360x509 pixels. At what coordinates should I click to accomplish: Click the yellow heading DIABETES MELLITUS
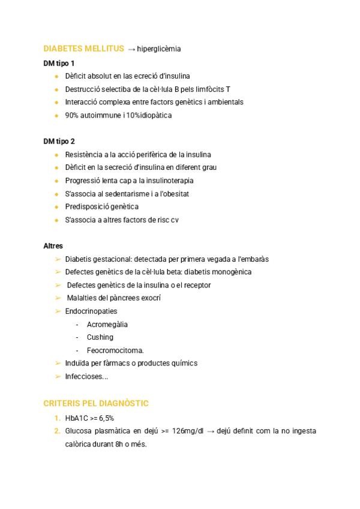pyautogui.click(x=84, y=49)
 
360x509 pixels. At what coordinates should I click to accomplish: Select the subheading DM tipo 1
pyautogui.click(x=59, y=63)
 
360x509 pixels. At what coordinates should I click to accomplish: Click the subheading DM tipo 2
pyautogui.click(x=59, y=142)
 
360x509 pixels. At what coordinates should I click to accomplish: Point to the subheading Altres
pyautogui.click(x=53, y=246)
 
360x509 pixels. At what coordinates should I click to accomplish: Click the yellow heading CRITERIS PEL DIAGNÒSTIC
pyautogui.click(x=96, y=403)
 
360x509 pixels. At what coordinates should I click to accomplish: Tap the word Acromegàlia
pyautogui.click(x=107, y=325)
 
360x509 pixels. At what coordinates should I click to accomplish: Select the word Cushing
pyautogui.click(x=100, y=337)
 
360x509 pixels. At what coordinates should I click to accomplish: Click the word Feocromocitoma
pyautogui.click(x=115, y=351)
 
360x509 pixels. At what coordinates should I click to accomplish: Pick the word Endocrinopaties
pyautogui.click(x=91, y=312)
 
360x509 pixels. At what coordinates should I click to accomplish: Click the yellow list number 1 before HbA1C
pyautogui.click(x=56, y=418)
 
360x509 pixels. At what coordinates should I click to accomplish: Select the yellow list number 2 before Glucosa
pyautogui.click(x=56, y=431)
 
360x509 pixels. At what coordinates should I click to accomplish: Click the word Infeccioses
pyautogui.click(x=85, y=376)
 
